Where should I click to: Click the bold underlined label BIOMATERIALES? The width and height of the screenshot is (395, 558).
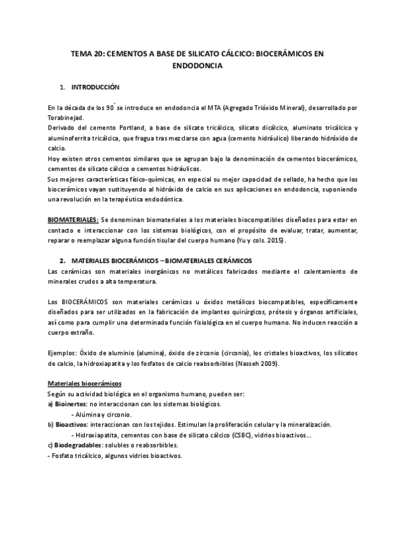[73, 218]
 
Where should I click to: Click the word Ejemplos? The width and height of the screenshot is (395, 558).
[63, 353]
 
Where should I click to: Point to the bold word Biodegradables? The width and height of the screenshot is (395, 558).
[80, 446]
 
